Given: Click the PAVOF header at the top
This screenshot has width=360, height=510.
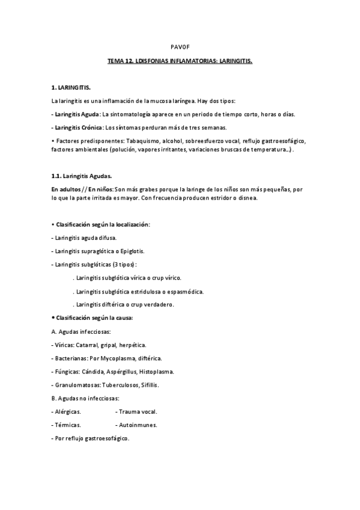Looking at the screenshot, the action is pyautogui.click(x=180, y=46).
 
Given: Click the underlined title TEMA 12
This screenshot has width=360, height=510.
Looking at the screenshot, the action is pyautogui.click(x=180, y=61).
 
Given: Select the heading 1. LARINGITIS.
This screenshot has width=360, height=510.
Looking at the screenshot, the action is pyautogui.click(x=71, y=87).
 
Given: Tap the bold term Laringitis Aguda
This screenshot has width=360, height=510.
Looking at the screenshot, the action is pyautogui.click(x=76, y=114).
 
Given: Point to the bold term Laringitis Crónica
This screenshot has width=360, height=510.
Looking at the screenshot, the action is pyautogui.click(x=78, y=127).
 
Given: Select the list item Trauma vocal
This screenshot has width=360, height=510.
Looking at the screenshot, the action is pyautogui.click(x=138, y=411).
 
